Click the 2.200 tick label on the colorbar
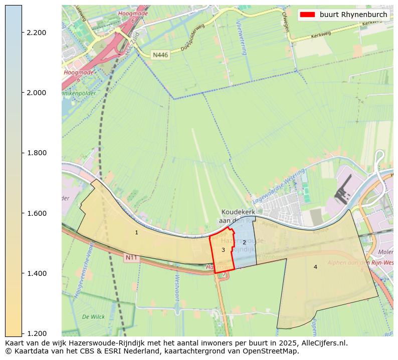click(36, 33)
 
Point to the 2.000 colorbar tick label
click(36, 93)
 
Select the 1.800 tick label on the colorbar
click(36, 153)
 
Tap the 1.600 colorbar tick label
click(36, 213)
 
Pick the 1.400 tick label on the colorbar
click(36, 273)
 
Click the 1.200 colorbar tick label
click(36, 333)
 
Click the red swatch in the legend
click(307, 15)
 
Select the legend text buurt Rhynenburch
click(353, 15)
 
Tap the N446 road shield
click(160, 55)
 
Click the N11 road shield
click(131, 258)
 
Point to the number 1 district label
click(136, 232)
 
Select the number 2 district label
click(244, 242)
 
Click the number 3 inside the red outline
click(223, 250)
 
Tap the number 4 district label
click(315, 267)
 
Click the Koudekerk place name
click(239, 212)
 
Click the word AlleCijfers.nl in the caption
click(321, 343)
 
